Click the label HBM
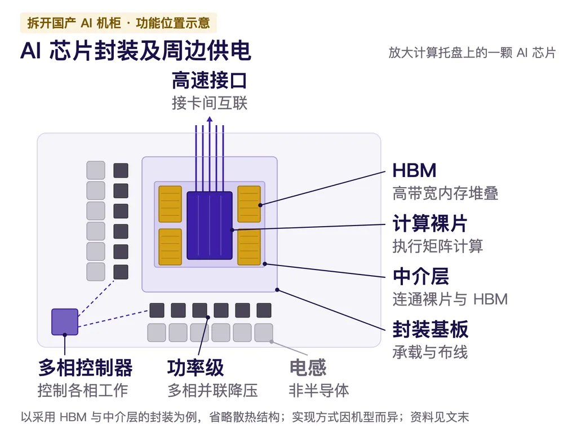[414, 170]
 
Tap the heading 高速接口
[210, 81]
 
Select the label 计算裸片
[430, 223]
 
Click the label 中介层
[421, 276]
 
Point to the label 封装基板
[430, 329]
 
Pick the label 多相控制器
[86, 368]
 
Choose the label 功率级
[196, 368]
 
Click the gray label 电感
[308, 368]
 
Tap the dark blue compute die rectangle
[210, 226]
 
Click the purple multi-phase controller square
[65, 322]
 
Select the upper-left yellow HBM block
[170, 204]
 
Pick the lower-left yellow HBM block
[170, 247]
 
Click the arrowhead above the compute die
[210, 119]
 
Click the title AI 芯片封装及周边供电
[136, 50]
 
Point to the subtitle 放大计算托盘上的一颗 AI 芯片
[472, 52]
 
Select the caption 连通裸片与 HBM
[450, 299]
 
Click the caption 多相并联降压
[212, 390]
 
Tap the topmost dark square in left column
[121, 170]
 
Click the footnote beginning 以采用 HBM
[245, 417]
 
